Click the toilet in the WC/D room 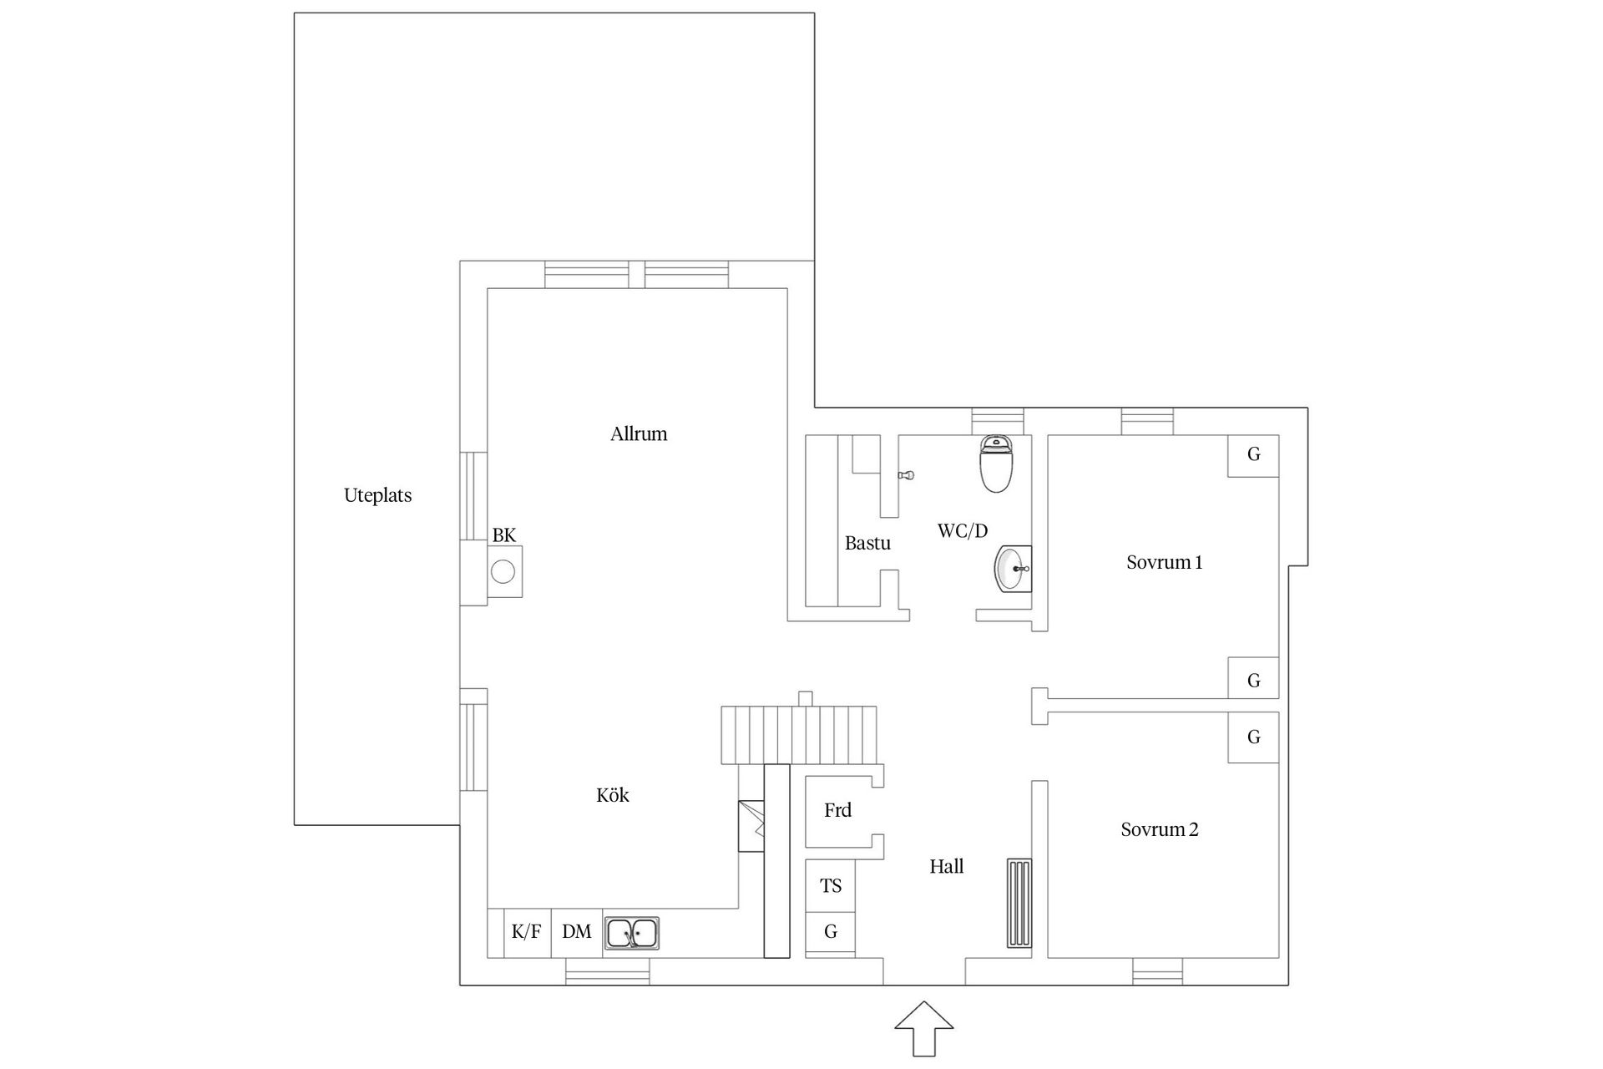click(995, 464)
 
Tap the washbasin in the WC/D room click(1013, 568)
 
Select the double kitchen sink click(631, 933)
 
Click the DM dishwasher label click(576, 932)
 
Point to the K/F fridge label click(526, 932)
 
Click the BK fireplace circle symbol click(503, 572)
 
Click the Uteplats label click(377, 495)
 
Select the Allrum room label click(639, 433)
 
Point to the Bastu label click(867, 543)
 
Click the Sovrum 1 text click(1164, 562)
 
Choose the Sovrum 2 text click(1159, 829)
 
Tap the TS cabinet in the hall click(830, 886)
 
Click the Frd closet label click(837, 810)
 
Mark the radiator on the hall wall click(1019, 903)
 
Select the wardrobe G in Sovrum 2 click(1253, 737)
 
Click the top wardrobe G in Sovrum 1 click(1253, 455)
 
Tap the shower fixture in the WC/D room click(905, 475)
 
